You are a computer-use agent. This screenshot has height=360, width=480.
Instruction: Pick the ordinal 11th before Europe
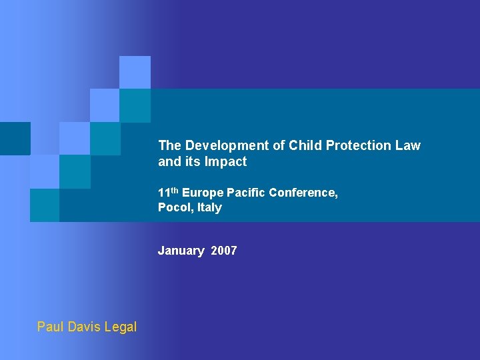(168, 192)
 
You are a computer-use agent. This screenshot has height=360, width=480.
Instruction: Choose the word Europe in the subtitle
(203, 193)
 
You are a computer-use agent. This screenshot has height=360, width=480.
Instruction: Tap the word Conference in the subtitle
(303, 193)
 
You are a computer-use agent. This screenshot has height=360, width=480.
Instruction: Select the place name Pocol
(174, 207)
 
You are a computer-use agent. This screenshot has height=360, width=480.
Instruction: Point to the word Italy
(209, 207)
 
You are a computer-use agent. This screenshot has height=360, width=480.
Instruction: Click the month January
(181, 251)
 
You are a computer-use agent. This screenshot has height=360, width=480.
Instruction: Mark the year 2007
(224, 251)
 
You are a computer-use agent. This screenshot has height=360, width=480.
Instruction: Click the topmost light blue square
(135, 72)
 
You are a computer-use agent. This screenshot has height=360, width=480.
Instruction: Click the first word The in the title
(170, 145)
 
